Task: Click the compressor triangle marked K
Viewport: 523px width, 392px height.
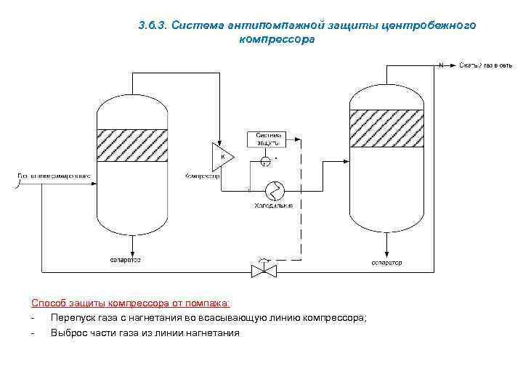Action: [222, 155]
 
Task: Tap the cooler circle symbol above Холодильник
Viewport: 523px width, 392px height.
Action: [275, 190]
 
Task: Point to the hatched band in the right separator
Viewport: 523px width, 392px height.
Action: [386, 128]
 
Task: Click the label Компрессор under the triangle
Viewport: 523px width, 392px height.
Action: [203, 176]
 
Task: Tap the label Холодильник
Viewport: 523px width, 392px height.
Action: [273, 206]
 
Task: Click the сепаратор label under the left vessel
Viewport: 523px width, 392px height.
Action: [125, 259]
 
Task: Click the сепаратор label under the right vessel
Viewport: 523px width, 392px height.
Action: [386, 262]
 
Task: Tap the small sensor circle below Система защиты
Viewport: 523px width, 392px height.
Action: [266, 160]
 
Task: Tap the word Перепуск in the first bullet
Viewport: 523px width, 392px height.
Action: [72, 318]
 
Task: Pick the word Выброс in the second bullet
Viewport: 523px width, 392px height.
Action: [68, 333]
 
